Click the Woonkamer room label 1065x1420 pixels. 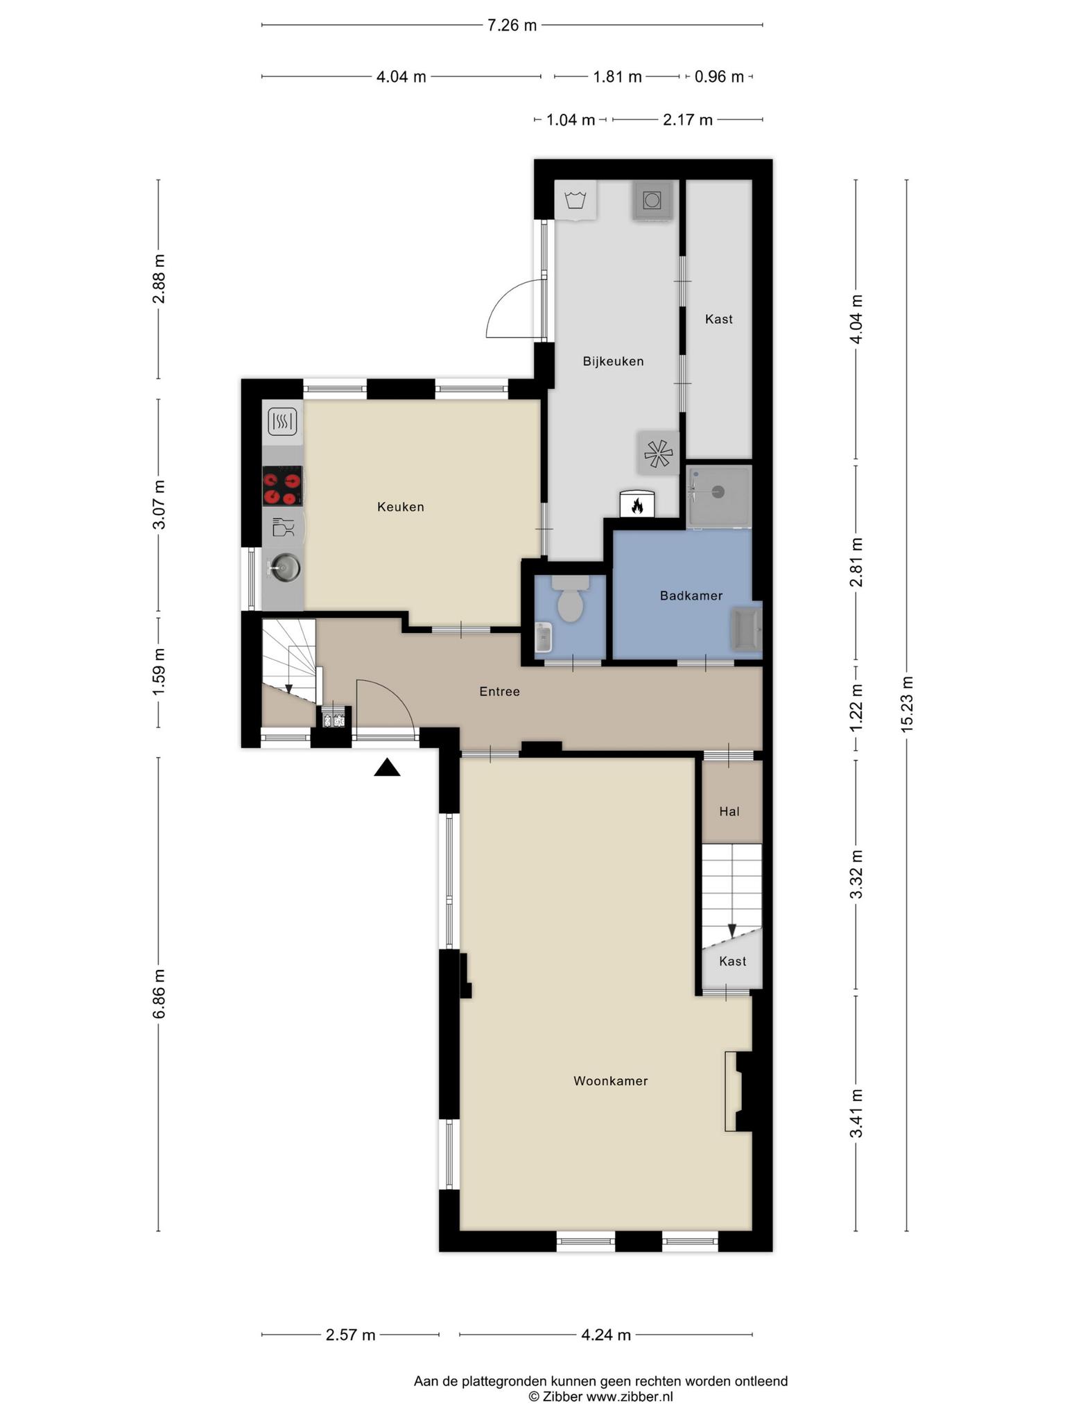coord(610,1081)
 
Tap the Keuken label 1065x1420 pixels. coord(401,507)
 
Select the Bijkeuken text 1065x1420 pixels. coord(613,361)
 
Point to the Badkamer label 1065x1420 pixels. coord(691,596)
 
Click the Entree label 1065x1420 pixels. coord(499,691)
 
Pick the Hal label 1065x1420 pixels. coord(729,811)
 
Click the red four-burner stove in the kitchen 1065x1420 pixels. coord(283,485)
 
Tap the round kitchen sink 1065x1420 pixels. coord(284,568)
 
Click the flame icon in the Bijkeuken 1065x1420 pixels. coord(637,505)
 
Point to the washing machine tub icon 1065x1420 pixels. coord(575,200)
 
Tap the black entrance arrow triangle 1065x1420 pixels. coord(387,768)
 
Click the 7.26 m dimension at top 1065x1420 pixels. coord(512,26)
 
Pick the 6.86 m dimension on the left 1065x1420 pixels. coord(159,994)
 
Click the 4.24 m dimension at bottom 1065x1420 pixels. coord(606,1335)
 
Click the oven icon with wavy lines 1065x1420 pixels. coord(283,421)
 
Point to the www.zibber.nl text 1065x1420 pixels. coord(630,1397)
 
